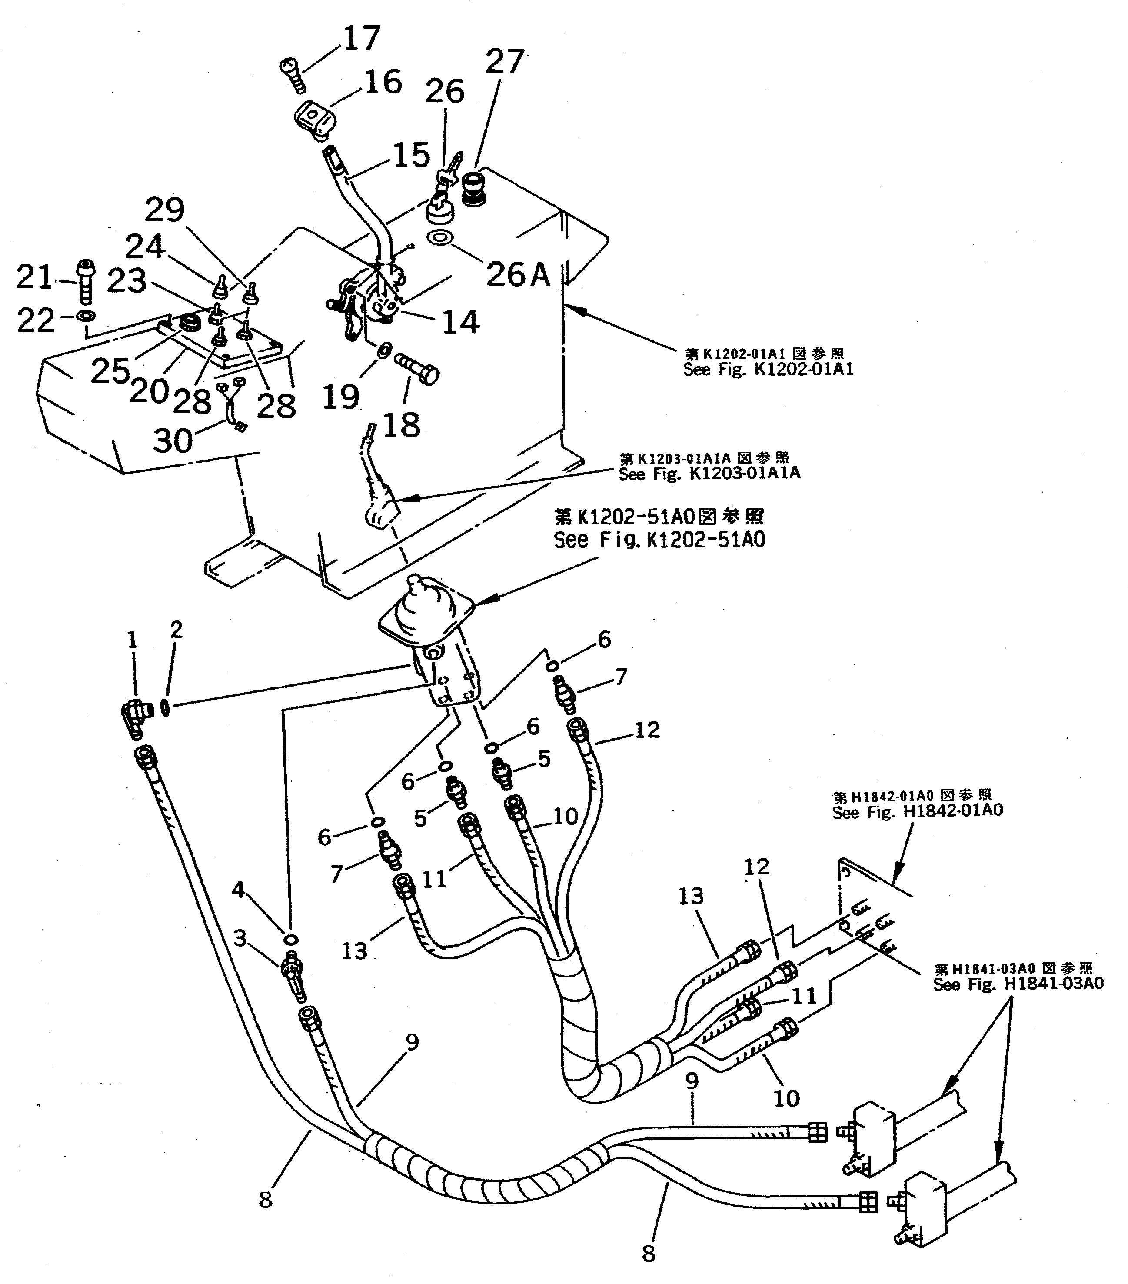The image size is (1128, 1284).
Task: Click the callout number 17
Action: (x=362, y=38)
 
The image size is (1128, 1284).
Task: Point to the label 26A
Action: (x=518, y=274)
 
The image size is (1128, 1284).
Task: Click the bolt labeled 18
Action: (x=416, y=368)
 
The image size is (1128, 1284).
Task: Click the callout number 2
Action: (x=176, y=630)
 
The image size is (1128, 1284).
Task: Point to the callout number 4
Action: (x=238, y=890)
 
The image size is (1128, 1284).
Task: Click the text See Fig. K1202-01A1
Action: (x=768, y=369)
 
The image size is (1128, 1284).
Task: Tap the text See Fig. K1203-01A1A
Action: (x=709, y=473)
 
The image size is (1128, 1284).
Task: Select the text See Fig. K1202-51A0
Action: (x=659, y=540)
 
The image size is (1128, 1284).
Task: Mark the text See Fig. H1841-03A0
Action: (x=1018, y=984)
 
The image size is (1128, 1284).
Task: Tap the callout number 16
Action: (x=383, y=82)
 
